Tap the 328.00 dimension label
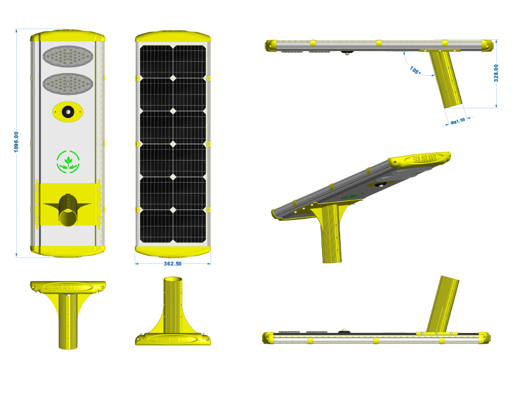click(x=496, y=74)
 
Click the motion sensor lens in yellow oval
click(x=67, y=112)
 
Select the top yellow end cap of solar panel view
click(x=173, y=37)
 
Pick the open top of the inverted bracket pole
click(x=173, y=279)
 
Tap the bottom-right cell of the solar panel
click(x=190, y=226)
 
